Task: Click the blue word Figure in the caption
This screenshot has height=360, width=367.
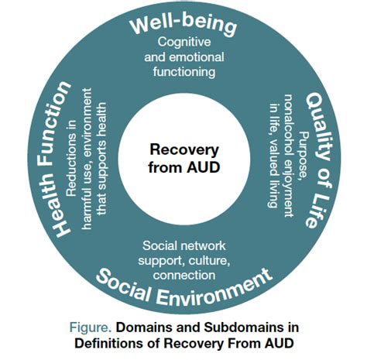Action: pos(113,326)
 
